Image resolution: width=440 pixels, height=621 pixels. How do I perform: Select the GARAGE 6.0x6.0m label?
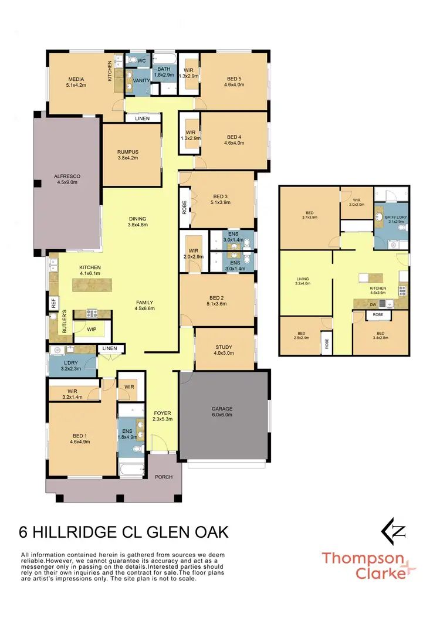(x=222, y=411)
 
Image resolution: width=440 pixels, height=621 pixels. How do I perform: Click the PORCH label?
(x=164, y=477)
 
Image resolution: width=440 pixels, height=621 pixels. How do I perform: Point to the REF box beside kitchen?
(x=53, y=303)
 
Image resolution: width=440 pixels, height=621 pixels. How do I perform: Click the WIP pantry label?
(x=92, y=330)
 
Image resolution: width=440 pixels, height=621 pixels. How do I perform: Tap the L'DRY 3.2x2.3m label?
(x=72, y=365)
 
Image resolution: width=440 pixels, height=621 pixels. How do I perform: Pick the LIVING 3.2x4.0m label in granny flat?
(x=303, y=282)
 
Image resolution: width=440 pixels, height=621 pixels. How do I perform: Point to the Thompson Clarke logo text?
(x=363, y=565)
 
